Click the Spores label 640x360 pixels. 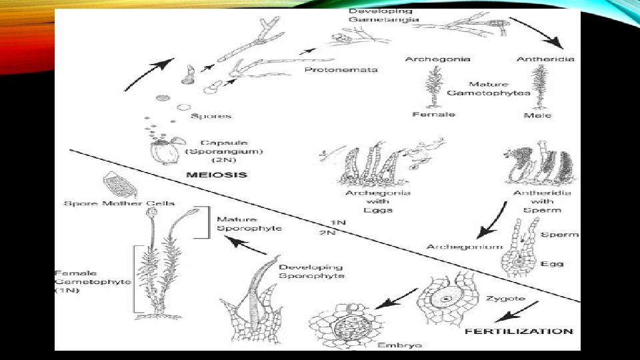[211, 116]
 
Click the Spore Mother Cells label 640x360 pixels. [119, 203]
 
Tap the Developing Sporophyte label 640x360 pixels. [311, 271]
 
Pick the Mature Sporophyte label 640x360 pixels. [249, 223]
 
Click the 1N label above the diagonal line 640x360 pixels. [339, 222]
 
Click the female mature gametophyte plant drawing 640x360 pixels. [432, 89]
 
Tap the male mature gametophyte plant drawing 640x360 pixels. [539, 89]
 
